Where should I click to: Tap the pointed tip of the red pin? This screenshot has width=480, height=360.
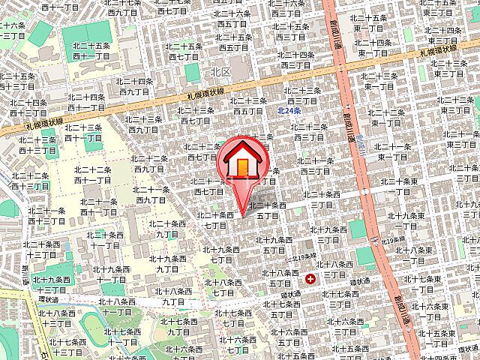241,217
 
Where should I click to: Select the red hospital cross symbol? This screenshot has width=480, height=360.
310,278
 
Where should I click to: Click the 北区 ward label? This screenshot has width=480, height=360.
220,73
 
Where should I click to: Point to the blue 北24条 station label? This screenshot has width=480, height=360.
289,110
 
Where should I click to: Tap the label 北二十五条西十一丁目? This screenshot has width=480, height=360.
92,50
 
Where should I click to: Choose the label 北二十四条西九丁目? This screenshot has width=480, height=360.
136,86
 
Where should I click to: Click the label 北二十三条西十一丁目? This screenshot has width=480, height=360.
83,133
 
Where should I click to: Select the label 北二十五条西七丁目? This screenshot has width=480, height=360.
184,51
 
